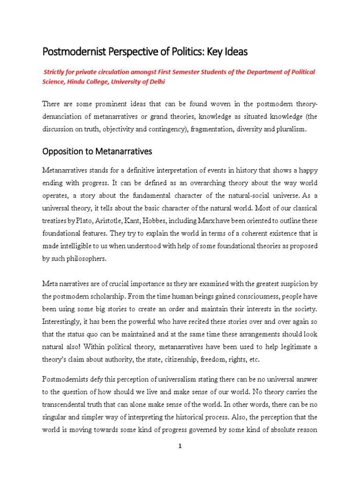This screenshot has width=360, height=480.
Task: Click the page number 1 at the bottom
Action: point(180,446)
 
